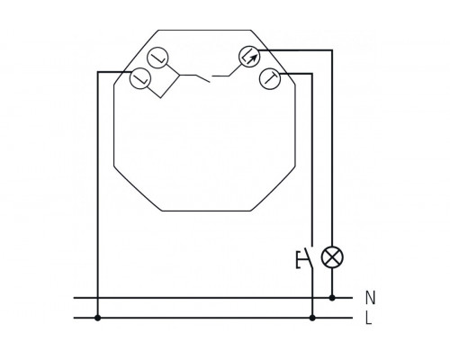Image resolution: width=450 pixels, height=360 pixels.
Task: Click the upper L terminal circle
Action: click(157, 58)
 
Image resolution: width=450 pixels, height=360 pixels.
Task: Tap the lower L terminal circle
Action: click(139, 78)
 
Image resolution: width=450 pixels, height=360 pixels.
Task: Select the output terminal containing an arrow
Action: click(249, 57)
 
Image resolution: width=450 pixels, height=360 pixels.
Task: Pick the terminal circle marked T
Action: click(269, 78)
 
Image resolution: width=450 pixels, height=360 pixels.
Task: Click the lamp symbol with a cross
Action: click(332, 257)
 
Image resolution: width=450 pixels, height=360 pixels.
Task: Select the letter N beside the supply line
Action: click(371, 298)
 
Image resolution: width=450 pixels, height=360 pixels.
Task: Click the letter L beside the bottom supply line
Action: click(369, 318)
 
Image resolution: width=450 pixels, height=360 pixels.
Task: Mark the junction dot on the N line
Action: click(332, 298)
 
